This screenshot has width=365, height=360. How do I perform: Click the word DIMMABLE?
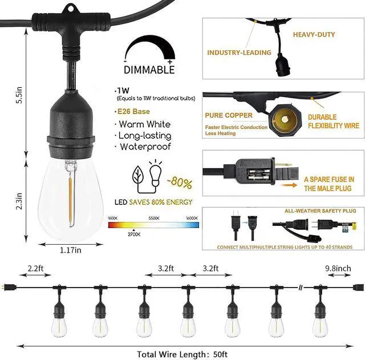(x=149, y=70)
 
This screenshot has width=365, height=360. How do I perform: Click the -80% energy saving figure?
(x=180, y=184)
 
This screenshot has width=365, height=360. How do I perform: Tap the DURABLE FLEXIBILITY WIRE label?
(x=333, y=121)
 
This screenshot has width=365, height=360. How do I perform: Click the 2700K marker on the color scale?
(x=133, y=234)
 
